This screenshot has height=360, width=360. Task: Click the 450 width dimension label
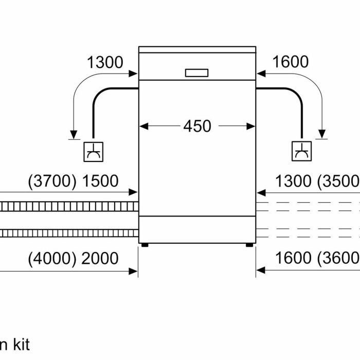[197, 125]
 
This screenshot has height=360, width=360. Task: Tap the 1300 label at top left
[105, 62]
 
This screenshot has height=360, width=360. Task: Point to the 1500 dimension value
[100, 181]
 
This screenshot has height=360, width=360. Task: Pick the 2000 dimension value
[100, 258]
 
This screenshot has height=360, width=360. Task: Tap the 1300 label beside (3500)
[293, 181]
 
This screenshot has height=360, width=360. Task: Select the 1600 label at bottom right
[293, 258]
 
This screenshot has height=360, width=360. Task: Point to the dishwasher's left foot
[146, 244]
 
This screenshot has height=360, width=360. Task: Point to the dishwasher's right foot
[249, 244]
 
